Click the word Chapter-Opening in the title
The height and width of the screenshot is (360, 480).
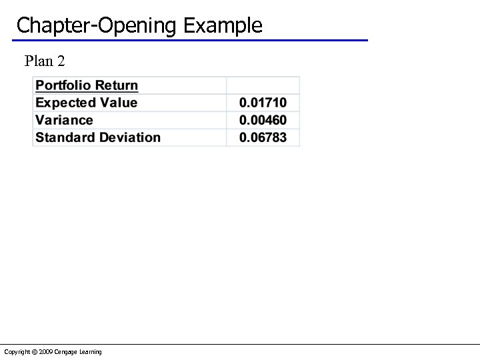(97, 26)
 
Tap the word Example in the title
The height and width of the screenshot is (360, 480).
(223, 26)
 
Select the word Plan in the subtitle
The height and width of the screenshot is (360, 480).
(39, 61)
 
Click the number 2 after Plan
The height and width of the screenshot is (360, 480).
(61, 61)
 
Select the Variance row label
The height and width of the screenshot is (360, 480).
(64, 120)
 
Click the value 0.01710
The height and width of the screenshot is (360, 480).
(263, 103)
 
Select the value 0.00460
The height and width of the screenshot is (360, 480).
(263, 120)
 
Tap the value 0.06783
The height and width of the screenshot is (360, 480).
(263, 137)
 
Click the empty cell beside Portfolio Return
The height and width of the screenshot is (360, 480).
(263, 85)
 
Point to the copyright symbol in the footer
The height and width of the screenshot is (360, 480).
(33, 352)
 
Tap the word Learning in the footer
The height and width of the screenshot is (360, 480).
(91, 352)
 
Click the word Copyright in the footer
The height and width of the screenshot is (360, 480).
(16, 352)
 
